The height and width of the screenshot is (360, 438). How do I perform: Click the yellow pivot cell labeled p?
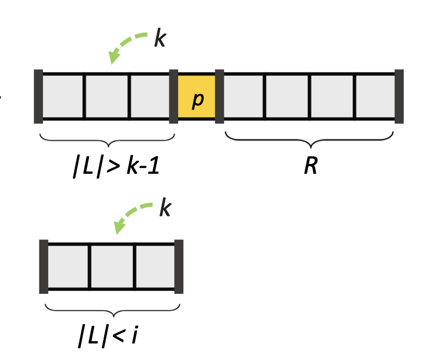coord(197,97)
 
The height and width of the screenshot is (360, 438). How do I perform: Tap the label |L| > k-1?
coord(116,167)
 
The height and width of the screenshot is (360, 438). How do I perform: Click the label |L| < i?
coord(109,337)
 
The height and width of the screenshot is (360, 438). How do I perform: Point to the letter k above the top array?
coord(160,39)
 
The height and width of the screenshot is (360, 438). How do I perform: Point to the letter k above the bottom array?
coord(165,208)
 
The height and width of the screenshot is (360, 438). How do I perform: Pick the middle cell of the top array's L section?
coord(107,97)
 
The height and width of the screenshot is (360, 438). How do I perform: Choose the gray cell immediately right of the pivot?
coord(243,97)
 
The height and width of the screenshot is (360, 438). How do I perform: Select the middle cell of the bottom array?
coord(112,266)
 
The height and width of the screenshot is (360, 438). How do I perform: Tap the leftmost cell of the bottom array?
coord(68,266)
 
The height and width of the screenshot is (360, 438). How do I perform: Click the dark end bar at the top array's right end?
coord(399,97)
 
